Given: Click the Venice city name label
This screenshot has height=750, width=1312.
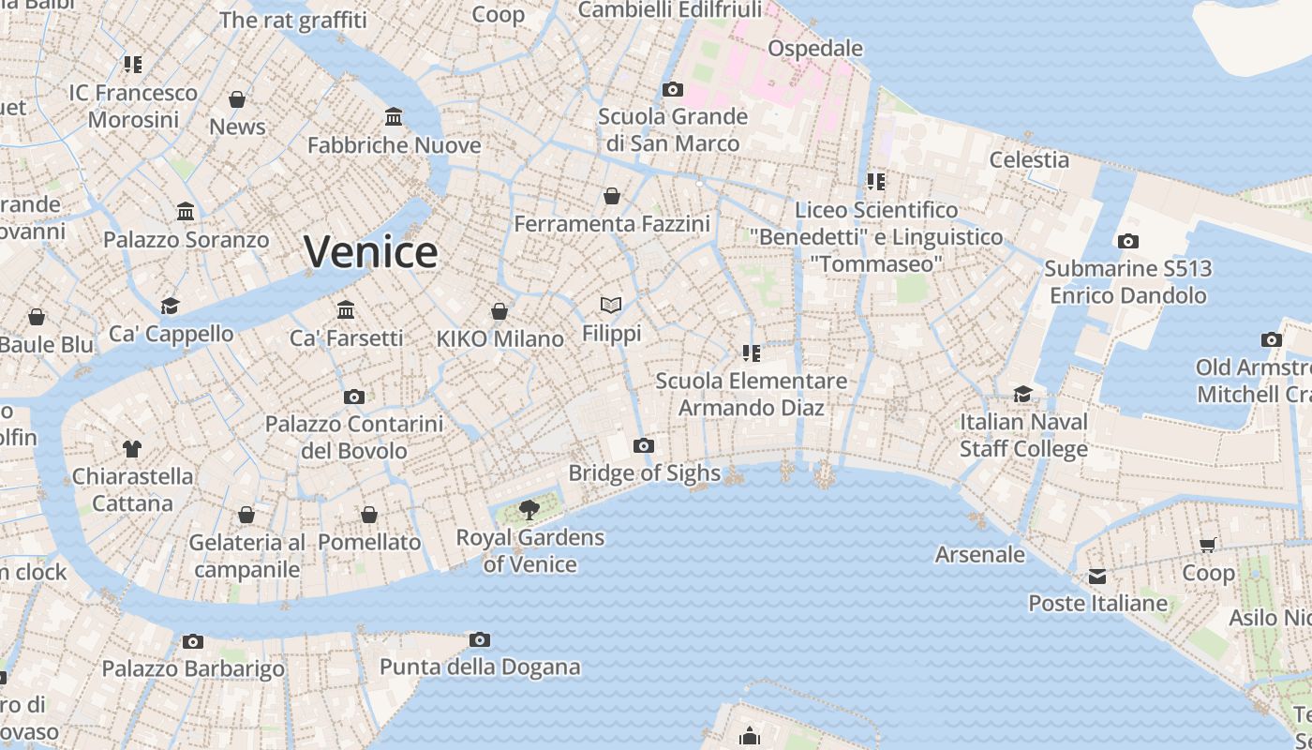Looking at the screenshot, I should pos(371,252).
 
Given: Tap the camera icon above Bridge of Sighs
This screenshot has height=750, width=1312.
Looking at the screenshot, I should pos(644,445).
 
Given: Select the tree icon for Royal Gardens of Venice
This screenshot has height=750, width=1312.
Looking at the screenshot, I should pos(529,510).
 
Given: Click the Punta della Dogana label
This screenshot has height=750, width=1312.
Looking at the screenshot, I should pos(480,667).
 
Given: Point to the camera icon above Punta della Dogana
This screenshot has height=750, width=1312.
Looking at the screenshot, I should pos(480,640).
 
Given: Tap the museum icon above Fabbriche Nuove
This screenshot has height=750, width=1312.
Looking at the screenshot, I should pos(394,117).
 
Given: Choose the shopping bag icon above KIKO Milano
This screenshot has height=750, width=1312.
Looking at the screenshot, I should pos(499,310).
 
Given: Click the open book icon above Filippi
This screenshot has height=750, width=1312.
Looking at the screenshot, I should pos(611,305).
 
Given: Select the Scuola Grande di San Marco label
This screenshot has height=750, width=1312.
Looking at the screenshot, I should pos(673,130).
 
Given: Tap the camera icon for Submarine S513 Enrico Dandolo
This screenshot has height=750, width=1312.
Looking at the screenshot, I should pos(1128,241).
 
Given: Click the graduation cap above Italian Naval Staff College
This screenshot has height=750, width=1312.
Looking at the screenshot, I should pos(1022,394).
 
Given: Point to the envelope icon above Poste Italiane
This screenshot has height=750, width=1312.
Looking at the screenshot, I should pos(1097,576).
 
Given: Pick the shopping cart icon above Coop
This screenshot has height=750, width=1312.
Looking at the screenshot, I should pos(1208,545).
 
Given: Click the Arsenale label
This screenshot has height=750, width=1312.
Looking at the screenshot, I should pos(980,554).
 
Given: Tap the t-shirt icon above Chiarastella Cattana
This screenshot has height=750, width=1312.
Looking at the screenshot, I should pos(132,448).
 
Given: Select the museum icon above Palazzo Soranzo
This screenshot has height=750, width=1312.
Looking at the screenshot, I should pos(186,212).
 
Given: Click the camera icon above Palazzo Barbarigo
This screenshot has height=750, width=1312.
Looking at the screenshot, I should pos(193,641).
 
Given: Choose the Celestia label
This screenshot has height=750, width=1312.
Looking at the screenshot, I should pos(1029,159).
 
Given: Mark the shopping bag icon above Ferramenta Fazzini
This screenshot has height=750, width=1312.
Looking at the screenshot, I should pos(612,196).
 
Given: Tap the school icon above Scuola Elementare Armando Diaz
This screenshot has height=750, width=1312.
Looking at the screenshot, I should pos(751,352).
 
